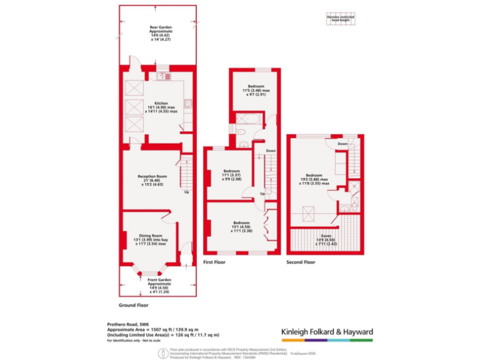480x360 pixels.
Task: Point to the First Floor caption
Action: (x=214, y=262)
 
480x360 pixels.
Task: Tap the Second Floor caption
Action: (x=301, y=262)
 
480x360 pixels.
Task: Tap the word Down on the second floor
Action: (x=342, y=144)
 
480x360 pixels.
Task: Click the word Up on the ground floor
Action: (x=186, y=192)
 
